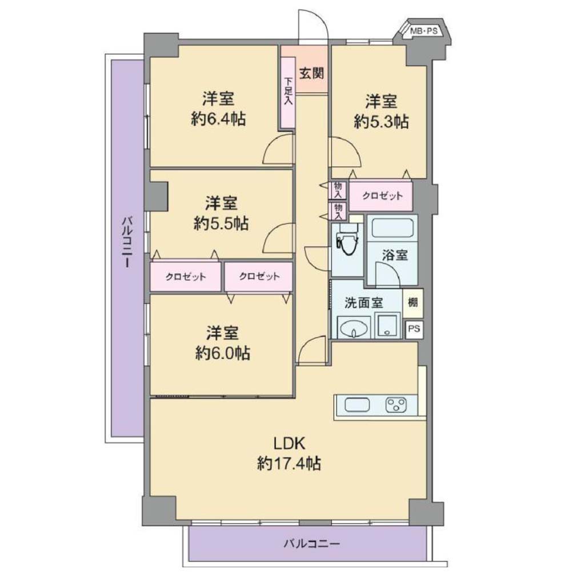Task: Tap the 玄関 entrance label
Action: click(x=311, y=74)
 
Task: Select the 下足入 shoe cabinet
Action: click(x=288, y=93)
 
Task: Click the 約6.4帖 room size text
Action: click(x=218, y=119)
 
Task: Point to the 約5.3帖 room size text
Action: click(x=381, y=122)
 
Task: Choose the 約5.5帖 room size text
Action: click(x=221, y=224)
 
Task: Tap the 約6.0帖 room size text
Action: click(x=223, y=353)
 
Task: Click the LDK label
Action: click(x=290, y=443)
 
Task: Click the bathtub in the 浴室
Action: click(x=392, y=228)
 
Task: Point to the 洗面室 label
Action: click(x=364, y=303)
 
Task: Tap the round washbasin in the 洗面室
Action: click(x=353, y=328)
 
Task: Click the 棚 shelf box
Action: click(x=412, y=303)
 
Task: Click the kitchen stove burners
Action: click(x=396, y=404)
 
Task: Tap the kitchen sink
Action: click(x=357, y=405)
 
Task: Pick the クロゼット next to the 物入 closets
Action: click(x=381, y=196)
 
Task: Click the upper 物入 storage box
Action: click(x=338, y=190)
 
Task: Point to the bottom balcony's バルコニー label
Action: click(x=311, y=544)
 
